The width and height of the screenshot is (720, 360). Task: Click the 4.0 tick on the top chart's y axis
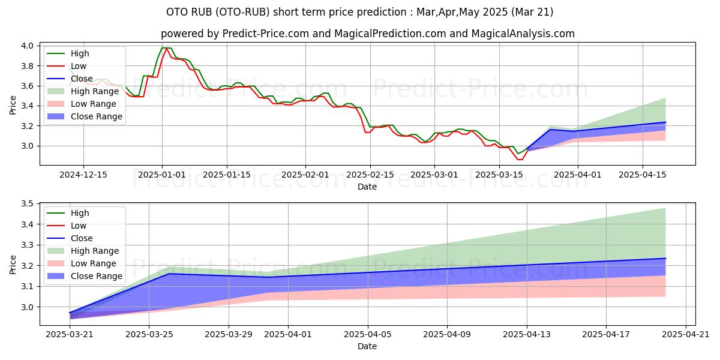click(x=27, y=46)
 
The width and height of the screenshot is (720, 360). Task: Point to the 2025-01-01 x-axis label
click(x=162, y=175)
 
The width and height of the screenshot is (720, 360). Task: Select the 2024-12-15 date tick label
click(x=83, y=175)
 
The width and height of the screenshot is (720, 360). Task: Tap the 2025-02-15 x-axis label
click(x=370, y=175)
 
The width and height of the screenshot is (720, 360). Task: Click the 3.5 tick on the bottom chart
click(x=27, y=204)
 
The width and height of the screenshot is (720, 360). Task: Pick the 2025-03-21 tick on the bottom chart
click(x=70, y=335)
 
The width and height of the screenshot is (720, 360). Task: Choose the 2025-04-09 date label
click(x=447, y=335)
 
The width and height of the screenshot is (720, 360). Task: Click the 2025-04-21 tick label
click(x=686, y=335)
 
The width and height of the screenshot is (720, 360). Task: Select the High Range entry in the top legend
click(x=83, y=91)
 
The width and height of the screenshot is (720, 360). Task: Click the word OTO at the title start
click(x=176, y=12)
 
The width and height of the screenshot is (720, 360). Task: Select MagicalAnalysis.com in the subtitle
click(x=523, y=34)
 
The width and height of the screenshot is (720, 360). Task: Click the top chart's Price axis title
click(x=13, y=105)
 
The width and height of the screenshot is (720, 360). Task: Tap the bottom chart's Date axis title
click(x=367, y=347)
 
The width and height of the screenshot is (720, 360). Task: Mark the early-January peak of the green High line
click(x=163, y=47)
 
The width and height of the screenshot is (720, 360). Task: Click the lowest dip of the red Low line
click(x=520, y=160)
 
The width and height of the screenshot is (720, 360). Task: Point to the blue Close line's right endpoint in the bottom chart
click(x=665, y=259)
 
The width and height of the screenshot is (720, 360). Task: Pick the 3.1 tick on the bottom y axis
click(x=27, y=286)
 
